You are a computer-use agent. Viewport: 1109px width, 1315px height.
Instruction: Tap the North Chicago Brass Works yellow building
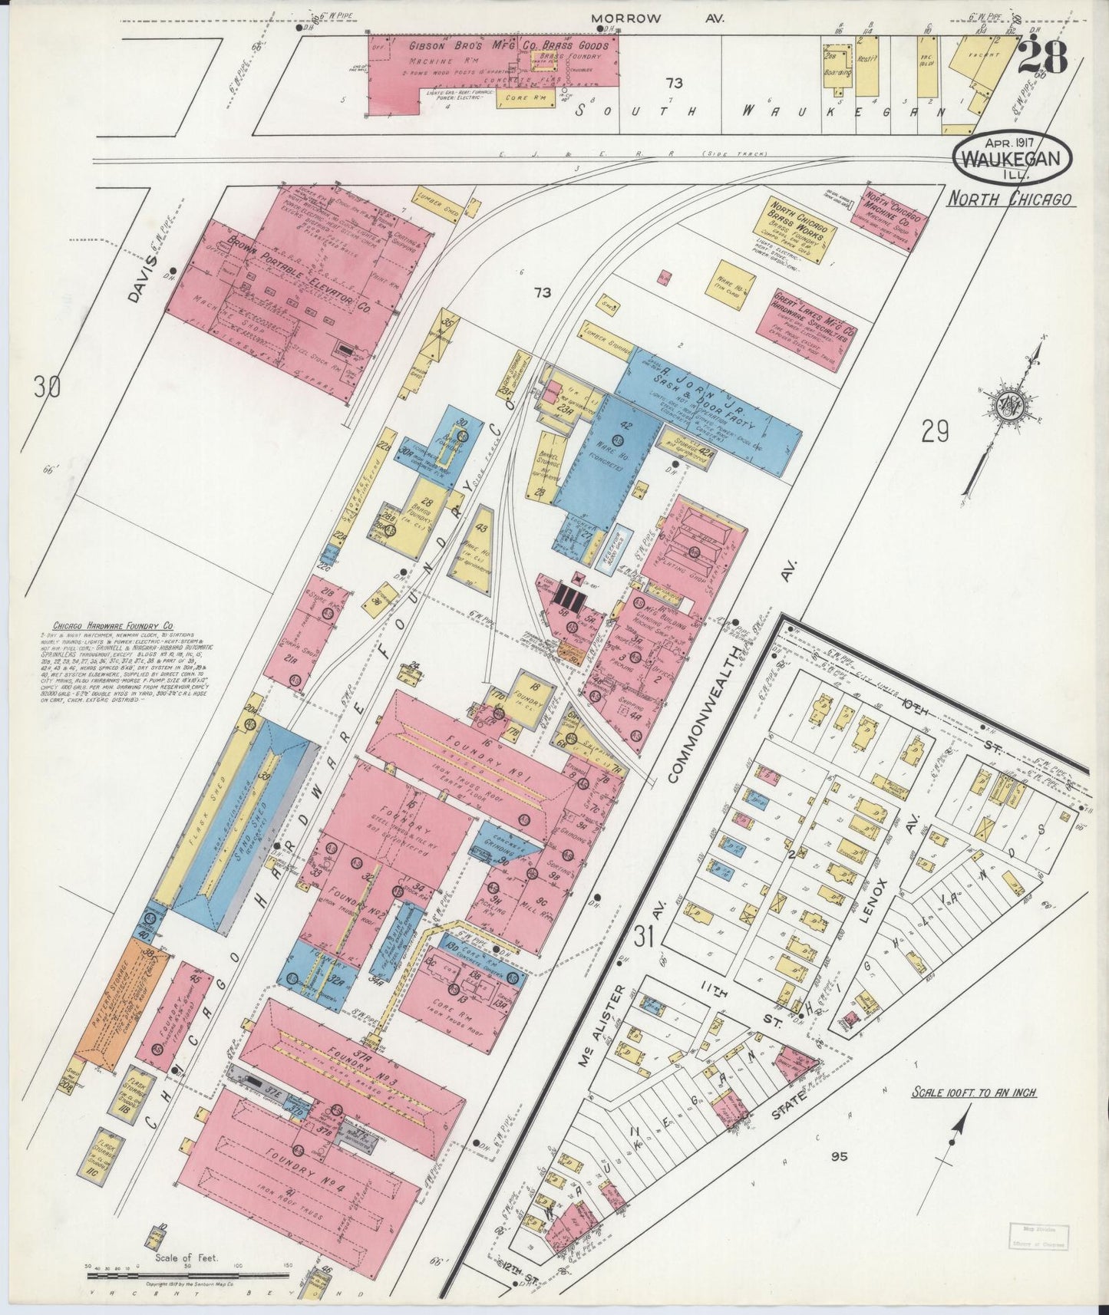click(x=798, y=229)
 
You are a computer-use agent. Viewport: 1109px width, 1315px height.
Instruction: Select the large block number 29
click(x=936, y=433)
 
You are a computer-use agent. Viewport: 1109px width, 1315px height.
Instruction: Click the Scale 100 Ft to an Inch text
click(x=973, y=1093)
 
